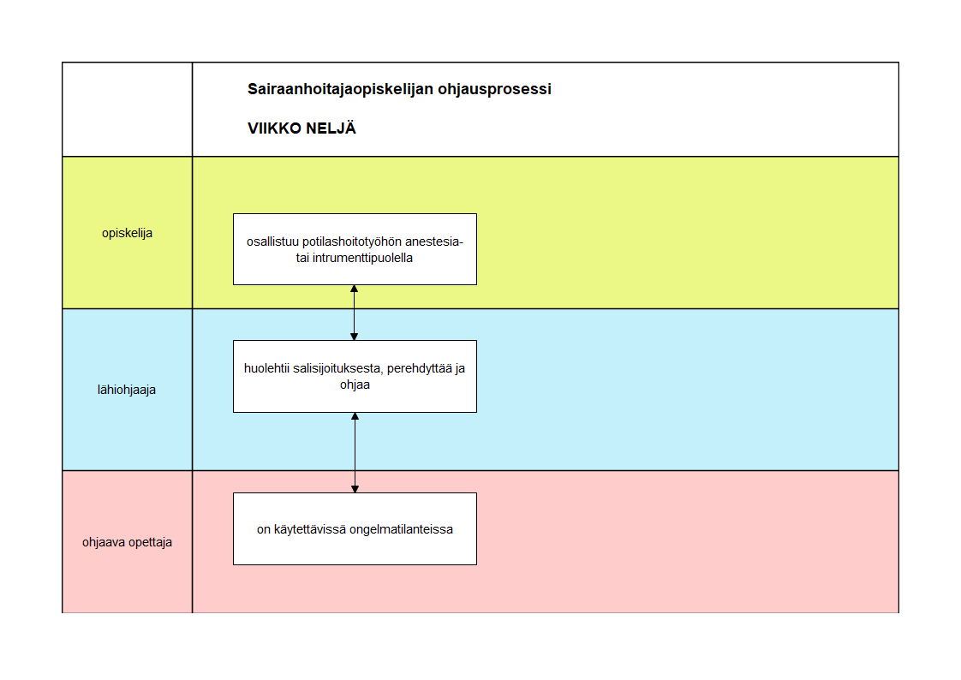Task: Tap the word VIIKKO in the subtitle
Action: (x=274, y=128)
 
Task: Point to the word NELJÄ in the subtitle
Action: (x=331, y=128)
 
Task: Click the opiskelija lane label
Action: (x=127, y=234)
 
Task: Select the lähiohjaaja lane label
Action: (x=127, y=390)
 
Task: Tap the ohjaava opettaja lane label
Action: (x=127, y=542)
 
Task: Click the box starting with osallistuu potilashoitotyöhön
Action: (x=355, y=249)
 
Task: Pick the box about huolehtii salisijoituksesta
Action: (x=355, y=376)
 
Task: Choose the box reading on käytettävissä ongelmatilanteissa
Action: (x=355, y=528)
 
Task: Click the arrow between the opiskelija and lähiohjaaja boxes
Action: (x=355, y=313)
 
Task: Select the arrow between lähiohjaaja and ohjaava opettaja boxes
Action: (x=355, y=453)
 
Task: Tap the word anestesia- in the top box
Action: (x=434, y=242)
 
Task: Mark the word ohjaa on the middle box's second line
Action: (x=355, y=385)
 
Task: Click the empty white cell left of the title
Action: (x=127, y=109)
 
